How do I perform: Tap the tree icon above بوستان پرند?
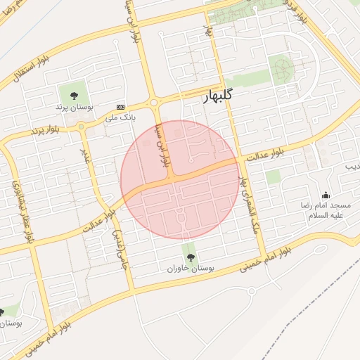(x=73, y=94)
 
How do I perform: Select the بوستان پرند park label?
(x=73, y=108)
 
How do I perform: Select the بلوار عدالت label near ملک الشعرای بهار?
(x=264, y=155)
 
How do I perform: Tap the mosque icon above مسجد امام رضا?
(x=325, y=195)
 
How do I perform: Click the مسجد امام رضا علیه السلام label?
(x=324, y=211)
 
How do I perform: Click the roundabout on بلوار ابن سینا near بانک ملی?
(x=155, y=104)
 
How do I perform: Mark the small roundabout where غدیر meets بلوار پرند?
(x=82, y=127)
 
